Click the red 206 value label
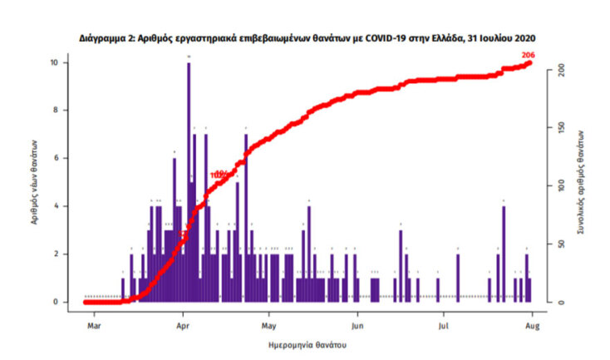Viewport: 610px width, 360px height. [527, 55]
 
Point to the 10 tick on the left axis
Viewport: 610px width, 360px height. [52, 63]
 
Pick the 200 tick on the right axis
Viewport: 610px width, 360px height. [563, 68]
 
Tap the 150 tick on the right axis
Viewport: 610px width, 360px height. [563, 126]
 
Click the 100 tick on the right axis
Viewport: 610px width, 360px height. [563, 185]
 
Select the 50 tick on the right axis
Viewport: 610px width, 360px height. [563, 244]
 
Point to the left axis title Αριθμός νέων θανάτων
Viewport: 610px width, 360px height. [32, 183]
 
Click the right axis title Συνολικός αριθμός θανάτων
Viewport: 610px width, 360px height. [584, 183]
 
